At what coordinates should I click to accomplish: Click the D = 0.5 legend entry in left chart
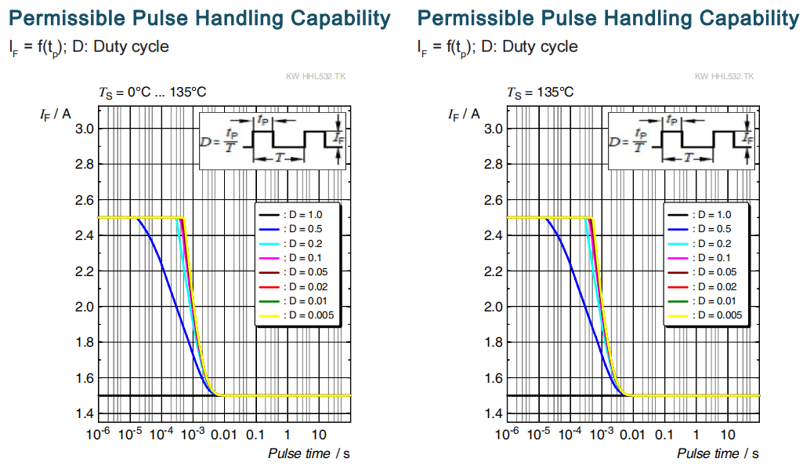(296, 229)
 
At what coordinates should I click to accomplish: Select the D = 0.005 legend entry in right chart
(704, 315)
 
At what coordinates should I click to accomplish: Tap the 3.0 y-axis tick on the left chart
(85, 129)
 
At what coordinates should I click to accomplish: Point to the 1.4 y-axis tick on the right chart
(494, 413)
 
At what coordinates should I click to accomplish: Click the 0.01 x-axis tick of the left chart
(224, 435)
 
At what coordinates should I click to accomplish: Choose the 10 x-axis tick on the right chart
(728, 435)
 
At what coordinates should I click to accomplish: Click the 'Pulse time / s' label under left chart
(309, 453)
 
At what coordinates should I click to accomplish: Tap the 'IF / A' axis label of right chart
(464, 115)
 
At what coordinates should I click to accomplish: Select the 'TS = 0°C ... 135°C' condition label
(152, 93)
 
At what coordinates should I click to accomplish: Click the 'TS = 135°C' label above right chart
(541, 93)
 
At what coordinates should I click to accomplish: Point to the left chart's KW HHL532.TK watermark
(316, 76)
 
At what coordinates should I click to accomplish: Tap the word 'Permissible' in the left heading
(67, 19)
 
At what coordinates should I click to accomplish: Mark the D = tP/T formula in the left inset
(219, 140)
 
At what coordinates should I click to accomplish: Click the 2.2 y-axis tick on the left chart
(85, 271)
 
